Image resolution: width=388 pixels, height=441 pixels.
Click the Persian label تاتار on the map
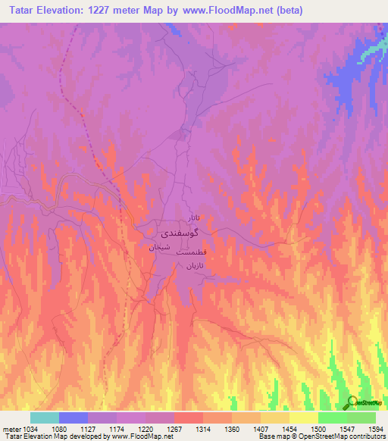tap(194, 217)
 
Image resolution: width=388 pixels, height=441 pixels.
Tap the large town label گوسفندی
tap(179, 233)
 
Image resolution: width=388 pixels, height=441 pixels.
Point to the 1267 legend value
tap(173, 428)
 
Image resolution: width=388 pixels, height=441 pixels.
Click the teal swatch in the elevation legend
tap(45, 418)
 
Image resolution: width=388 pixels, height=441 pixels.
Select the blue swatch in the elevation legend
tap(74, 418)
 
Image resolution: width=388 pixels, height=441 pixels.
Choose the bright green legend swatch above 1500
tap(332, 418)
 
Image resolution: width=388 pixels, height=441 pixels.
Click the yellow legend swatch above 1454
tap(303, 418)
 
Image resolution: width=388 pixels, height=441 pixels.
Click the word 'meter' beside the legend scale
tap(9, 428)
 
